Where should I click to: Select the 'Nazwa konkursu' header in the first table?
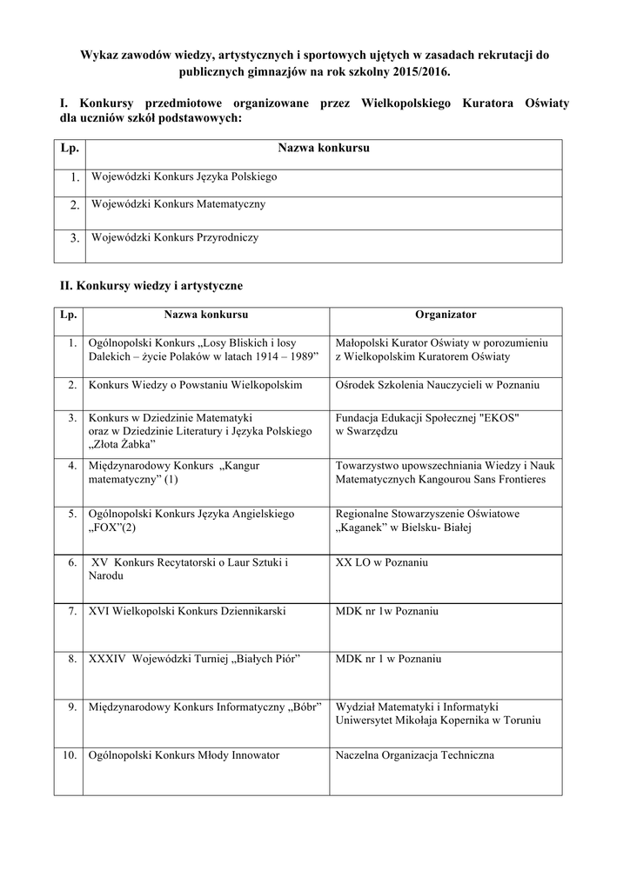point(324,149)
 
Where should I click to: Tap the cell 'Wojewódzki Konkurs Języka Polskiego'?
point(184,176)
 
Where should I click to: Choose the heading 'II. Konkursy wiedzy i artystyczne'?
point(151,285)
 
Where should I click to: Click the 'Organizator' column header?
point(446,315)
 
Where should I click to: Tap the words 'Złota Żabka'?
point(120,444)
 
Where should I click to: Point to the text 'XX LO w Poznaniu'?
point(381,562)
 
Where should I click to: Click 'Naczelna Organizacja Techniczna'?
point(414,755)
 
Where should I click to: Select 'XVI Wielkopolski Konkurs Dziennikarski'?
point(187,611)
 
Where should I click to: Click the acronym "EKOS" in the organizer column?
point(496,417)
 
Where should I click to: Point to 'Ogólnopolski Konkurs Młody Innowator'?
point(184,755)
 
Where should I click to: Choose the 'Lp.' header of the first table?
point(69,149)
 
